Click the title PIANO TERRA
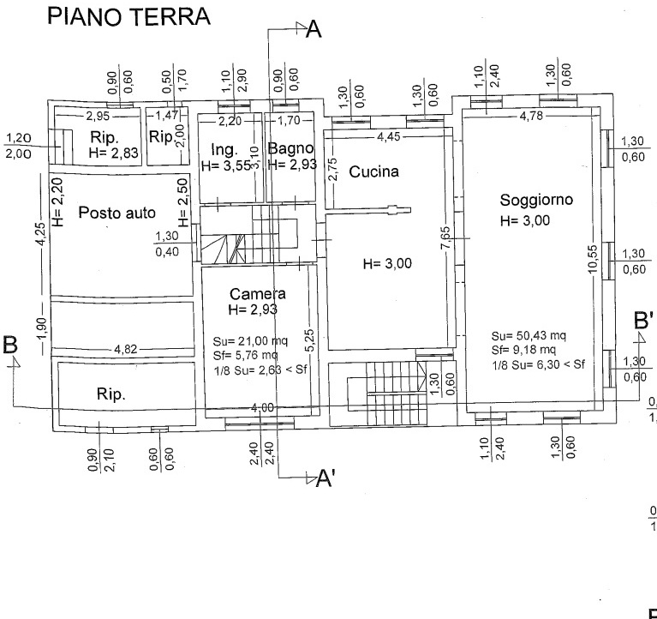point(128,18)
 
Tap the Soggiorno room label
point(536,200)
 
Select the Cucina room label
point(374,171)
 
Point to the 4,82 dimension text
point(126,349)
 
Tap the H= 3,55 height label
point(223,166)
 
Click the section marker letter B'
point(643,320)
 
